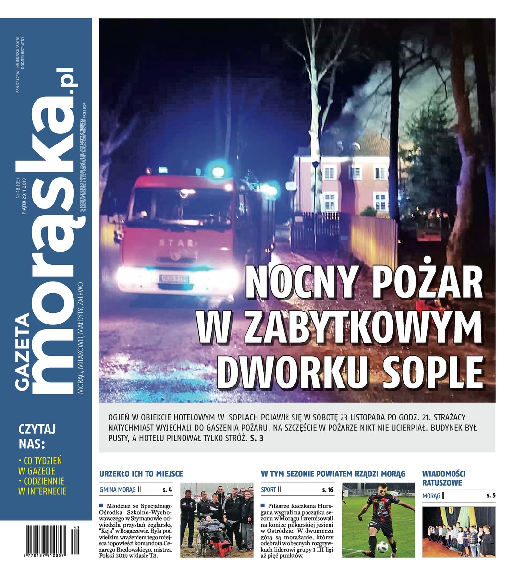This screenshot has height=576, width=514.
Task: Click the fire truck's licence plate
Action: tap(174, 278)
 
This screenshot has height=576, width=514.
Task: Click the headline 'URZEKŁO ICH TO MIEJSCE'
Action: tap(141, 474)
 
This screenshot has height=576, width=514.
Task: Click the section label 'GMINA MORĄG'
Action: tap(118, 490)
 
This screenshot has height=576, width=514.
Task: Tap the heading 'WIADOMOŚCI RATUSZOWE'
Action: tap(443, 478)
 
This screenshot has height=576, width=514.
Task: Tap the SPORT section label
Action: tap(269, 490)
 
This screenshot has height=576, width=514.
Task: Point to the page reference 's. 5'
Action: tap(490, 496)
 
